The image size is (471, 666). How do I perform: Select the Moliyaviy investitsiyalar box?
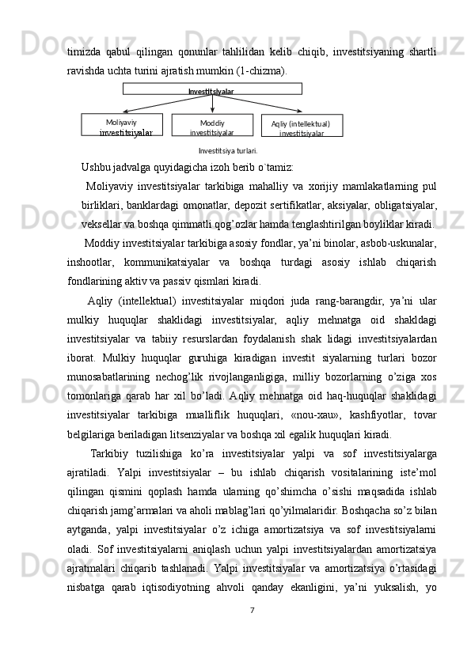click(122, 126)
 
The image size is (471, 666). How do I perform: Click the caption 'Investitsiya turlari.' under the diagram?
click(228, 149)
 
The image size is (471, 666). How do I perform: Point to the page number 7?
click(251, 633)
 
